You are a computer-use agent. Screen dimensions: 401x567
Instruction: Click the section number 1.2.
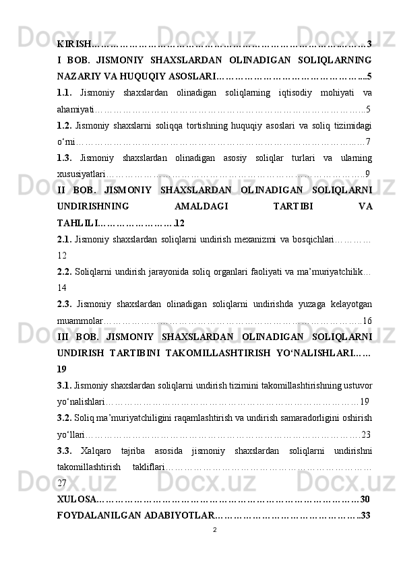(x=65, y=125)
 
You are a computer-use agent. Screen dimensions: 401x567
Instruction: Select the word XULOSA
(x=76, y=499)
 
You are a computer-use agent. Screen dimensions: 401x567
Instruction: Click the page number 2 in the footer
(x=214, y=530)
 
